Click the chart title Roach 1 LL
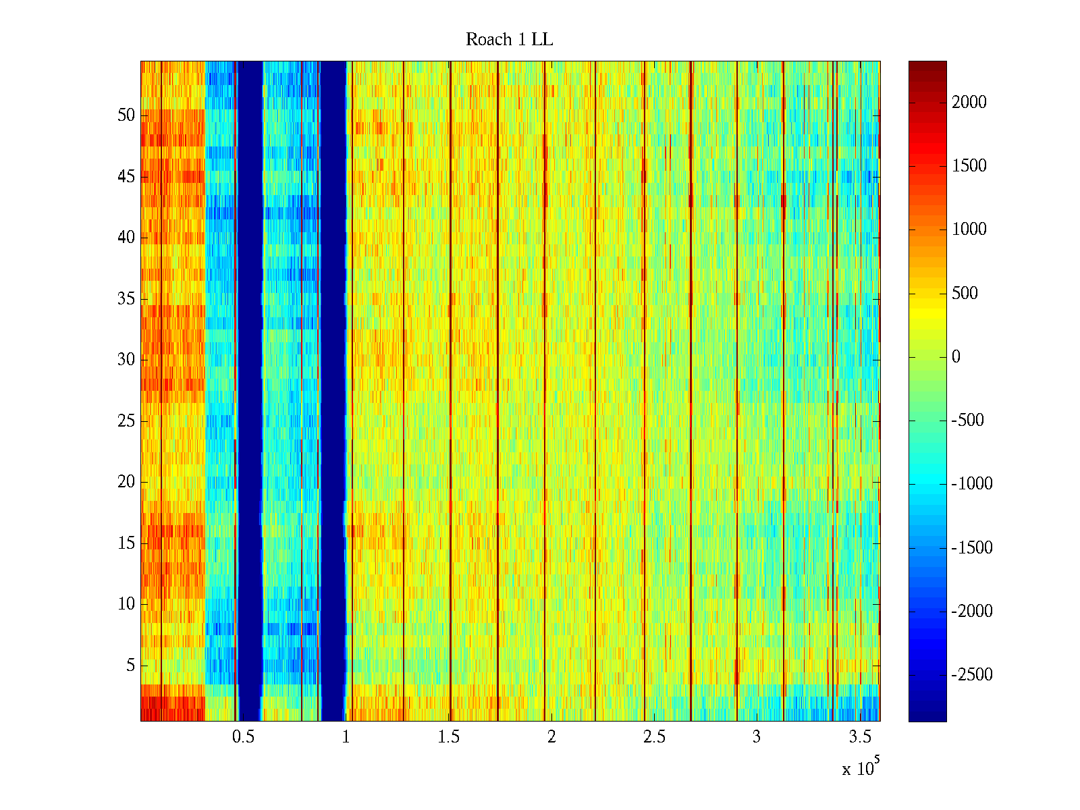point(509,40)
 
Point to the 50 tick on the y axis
point(126,115)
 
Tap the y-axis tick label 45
point(126,177)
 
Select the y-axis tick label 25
point(126,421)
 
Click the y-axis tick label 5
point(130,666)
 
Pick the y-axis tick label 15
point(126,543)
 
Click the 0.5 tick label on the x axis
point(243,737)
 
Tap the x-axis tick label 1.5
point(449,737)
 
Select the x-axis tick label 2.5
point(654,737)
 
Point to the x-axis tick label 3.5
point(859,737)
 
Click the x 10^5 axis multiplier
point(860,768)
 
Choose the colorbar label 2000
point(969,103)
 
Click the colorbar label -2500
point(972,675)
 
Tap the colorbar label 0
point(956,357)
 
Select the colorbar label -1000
point(972,484)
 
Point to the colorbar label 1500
point(969,166)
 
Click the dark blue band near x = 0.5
point(250,391)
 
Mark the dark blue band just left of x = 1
point(333,391)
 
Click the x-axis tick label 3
point(757,737)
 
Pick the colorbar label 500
point(965,294)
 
